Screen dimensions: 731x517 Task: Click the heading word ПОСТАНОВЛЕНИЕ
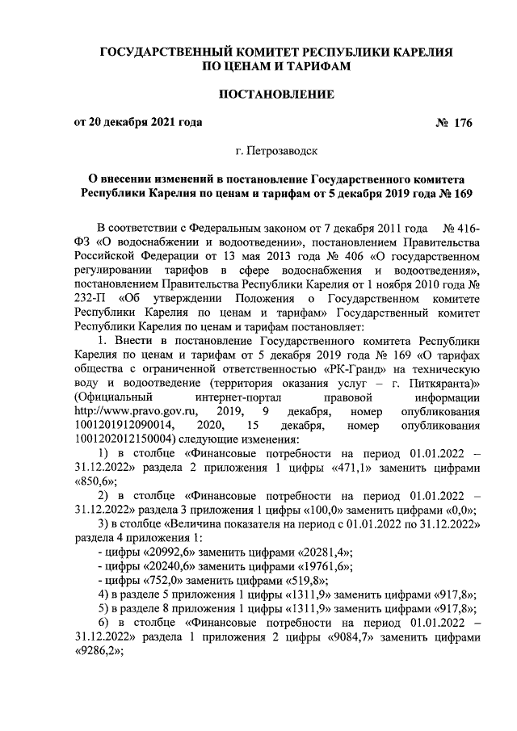pos(277,95)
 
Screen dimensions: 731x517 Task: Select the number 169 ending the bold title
pos(462,193)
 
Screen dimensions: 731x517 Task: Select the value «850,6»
pos(92,481)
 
